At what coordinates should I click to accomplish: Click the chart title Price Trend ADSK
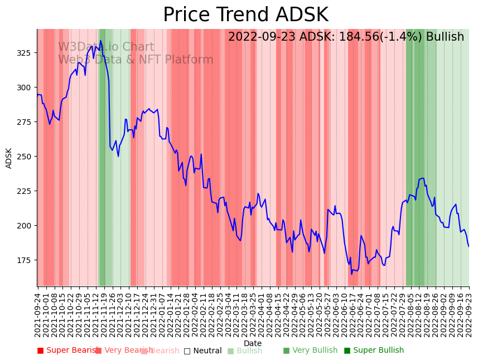pos(245,15)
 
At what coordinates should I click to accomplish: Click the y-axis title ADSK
pos(9,158)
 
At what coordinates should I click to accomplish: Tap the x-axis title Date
pos(253,343)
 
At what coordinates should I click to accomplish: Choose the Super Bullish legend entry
pos(374,351)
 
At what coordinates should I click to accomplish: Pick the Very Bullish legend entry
pos(310,351)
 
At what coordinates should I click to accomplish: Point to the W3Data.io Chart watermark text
pos(106,47)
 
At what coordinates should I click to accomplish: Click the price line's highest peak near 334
pos(101,41)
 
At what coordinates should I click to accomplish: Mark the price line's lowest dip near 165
pos(352,274)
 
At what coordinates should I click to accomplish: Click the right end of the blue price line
pos(469,246)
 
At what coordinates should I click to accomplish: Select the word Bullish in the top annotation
pos(445,37)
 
